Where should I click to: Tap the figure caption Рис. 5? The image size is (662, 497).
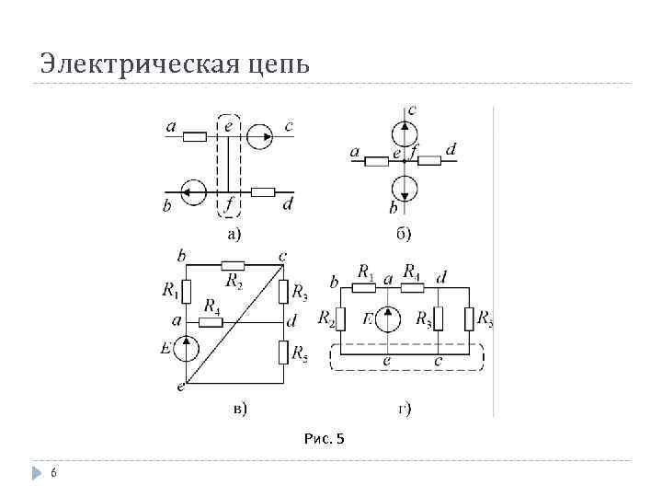coord(324,438)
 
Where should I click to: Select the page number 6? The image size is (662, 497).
coord(53,473)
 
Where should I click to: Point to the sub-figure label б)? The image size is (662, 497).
coord(404,234)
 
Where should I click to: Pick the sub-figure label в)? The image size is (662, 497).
coord(238,407)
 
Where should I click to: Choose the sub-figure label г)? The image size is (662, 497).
coord(404,407)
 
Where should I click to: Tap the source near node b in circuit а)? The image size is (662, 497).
coord(194,192)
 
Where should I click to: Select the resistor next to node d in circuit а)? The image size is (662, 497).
coord(263,192)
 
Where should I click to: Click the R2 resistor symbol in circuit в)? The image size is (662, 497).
coord(233,264)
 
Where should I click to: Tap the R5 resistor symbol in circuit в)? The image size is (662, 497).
coord(282,352)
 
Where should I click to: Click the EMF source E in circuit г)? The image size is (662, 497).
coord(388,319)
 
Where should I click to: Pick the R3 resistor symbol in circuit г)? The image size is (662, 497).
coord(438,319)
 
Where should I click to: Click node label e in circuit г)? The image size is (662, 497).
coord(387,361)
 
